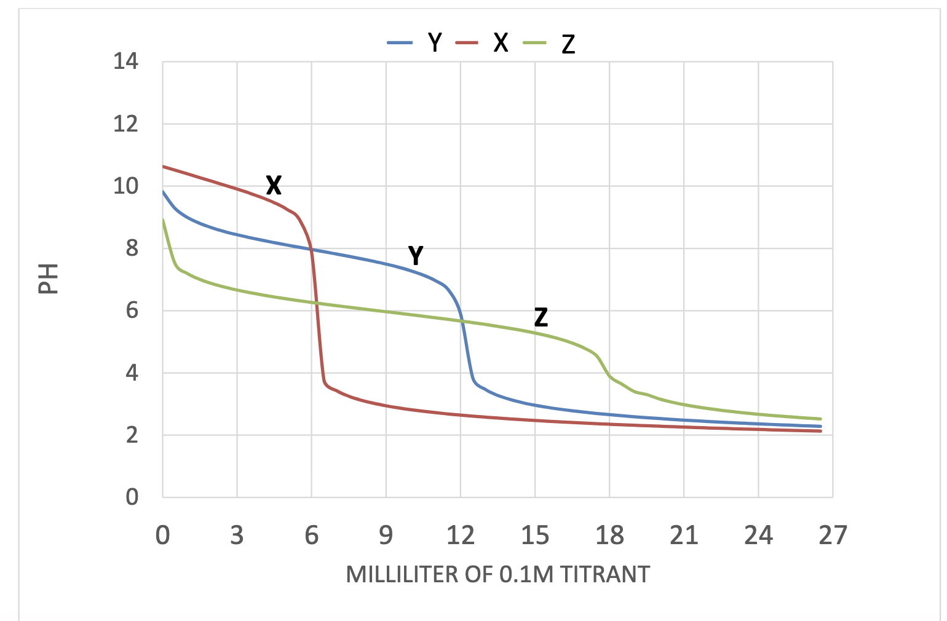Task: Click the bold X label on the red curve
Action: pyautogui.click(x=274, y=184)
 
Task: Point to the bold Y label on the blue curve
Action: pyautogui.click(x=416, y=255)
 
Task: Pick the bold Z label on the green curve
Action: pyautogui.click(x=541, y=317)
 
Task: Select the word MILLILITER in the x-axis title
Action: pyautogui.click(x=402, y=574)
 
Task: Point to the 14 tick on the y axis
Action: pyautogui.click(x=125, y=61)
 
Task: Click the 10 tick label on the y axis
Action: pyautogui.click(x=125, y=186)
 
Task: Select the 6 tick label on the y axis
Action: pyautogui.click(x=132, y=310)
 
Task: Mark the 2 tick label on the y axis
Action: pyautogui.click(x=132, y=435)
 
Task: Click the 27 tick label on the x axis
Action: pyautogui.click(x=833, y=536)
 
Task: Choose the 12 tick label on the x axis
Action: pyautogui.click(x=460, y=536)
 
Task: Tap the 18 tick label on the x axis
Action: pyautogui.click(x=609, y=536)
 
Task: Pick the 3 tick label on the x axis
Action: pyautogui.click(x=237, y=536)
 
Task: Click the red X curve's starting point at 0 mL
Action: pyautogui.click(x=163, y=166)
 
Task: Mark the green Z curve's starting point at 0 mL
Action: pyautogui.click(x=163, y=220)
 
